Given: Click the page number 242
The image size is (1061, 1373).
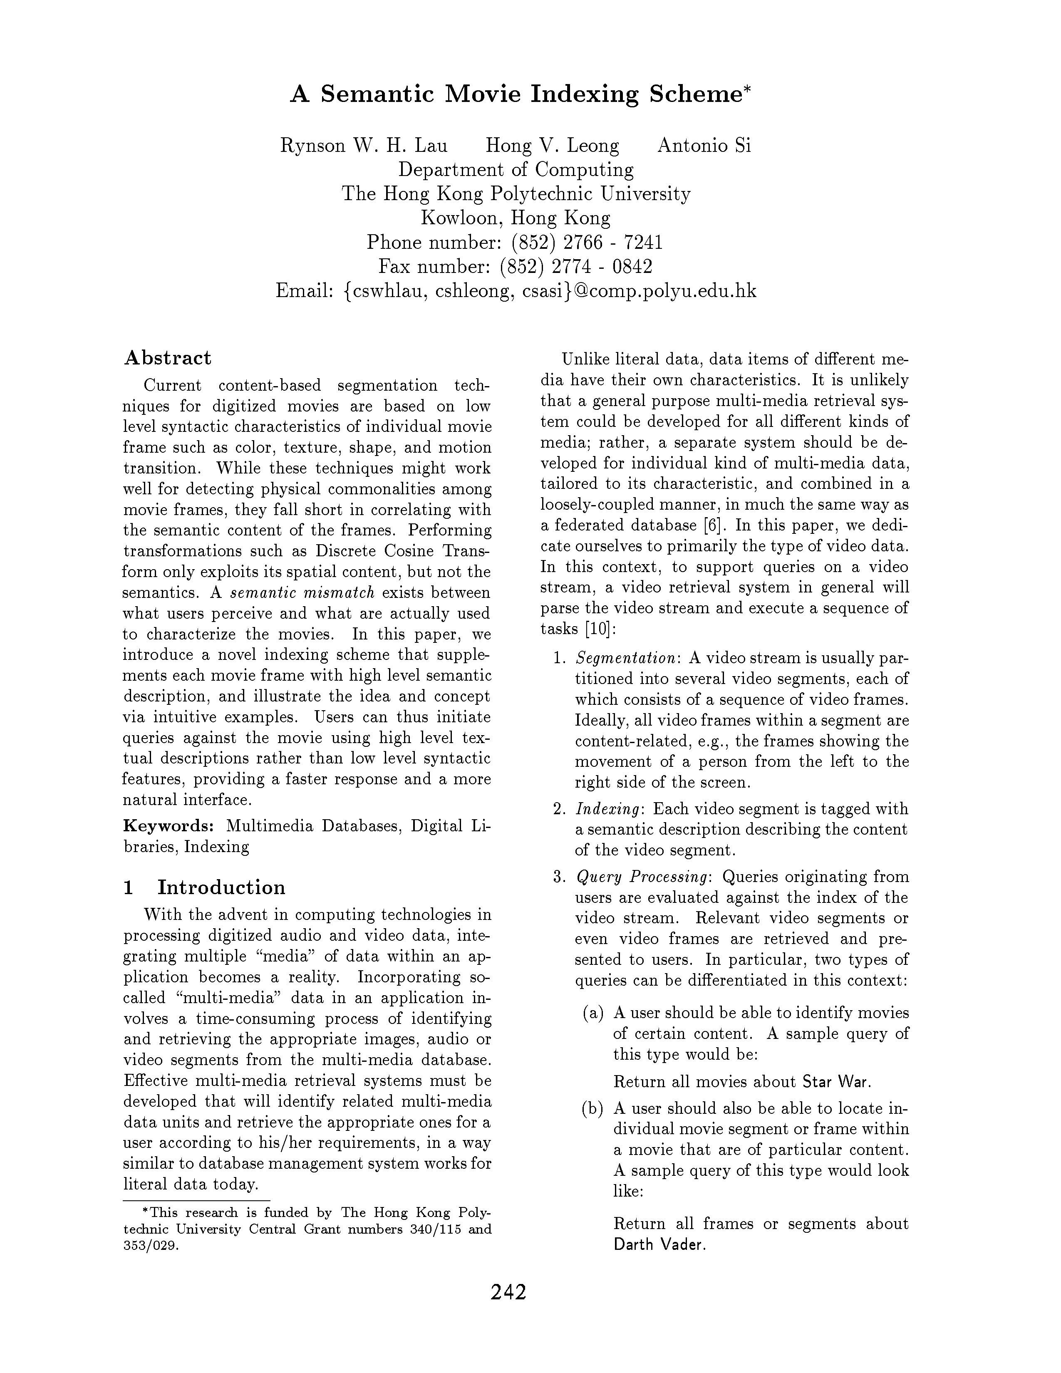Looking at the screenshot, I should [x=508, y=1291].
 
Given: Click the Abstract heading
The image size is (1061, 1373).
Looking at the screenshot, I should [x=168, y=358].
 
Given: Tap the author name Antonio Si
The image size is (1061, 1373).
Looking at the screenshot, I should [x=704, y=146].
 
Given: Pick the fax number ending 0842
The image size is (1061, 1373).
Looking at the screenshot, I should [x=576, y=267].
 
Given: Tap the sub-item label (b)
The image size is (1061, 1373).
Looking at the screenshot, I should [x=593, y=1108].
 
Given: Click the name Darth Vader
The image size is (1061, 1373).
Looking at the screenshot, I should [x=659, y=1244].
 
